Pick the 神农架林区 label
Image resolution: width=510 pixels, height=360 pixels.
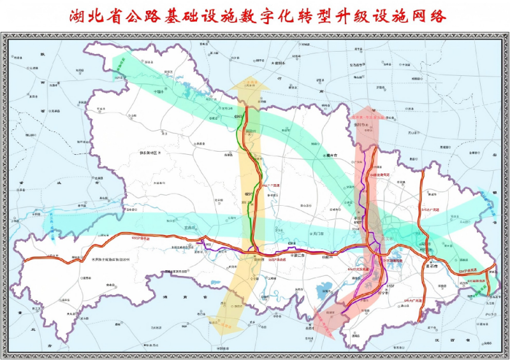pos(152,154)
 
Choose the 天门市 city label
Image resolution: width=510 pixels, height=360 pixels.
pos(316,234)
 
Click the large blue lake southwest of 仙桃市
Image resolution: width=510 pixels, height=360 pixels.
pos(324,291)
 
